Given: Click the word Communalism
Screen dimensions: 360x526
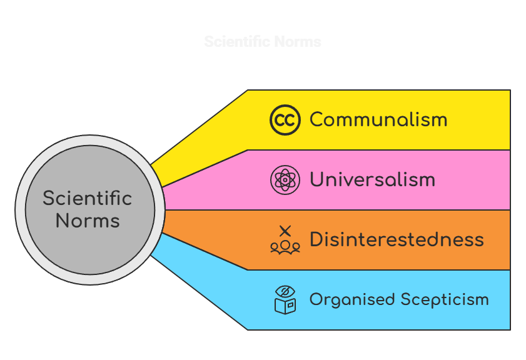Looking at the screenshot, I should point(378,119).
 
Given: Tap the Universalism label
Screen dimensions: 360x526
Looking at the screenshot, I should point(372,180).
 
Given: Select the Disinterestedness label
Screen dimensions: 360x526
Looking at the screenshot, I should point(397,239).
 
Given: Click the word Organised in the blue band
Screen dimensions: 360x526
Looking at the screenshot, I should point(350,300).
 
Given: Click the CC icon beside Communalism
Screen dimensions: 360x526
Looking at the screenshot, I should point(285,120).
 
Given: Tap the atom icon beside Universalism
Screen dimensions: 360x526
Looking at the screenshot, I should point(285,180).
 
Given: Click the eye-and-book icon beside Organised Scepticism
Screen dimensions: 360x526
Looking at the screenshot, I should point(285,300).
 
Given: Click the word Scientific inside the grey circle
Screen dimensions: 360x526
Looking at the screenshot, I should point(88,199).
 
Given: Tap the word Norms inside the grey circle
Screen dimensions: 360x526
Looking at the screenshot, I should point(88,221).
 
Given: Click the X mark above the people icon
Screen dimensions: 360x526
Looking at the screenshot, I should point(285,231).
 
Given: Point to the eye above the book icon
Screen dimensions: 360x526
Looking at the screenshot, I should point(285,291).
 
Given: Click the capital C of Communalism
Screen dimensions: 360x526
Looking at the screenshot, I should point(317,119).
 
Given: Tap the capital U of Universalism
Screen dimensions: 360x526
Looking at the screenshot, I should point(317,180).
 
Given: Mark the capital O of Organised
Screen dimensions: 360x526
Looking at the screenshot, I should point(316,300).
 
